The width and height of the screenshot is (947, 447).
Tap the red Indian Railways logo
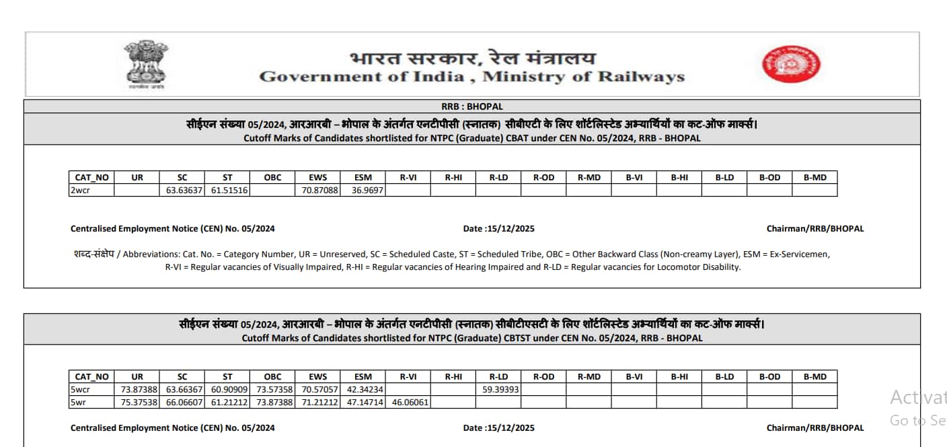791,64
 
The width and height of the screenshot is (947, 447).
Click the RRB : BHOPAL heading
472,106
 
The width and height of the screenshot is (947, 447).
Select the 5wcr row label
81,390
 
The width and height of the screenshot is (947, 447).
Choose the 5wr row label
79,403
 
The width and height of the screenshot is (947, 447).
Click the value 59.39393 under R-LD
498,390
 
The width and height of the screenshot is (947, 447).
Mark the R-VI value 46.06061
408,403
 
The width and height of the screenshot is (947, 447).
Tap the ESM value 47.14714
363,403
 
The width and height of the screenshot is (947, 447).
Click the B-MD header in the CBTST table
815,377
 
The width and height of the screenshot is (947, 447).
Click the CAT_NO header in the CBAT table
91,178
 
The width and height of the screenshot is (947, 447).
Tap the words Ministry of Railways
583,77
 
